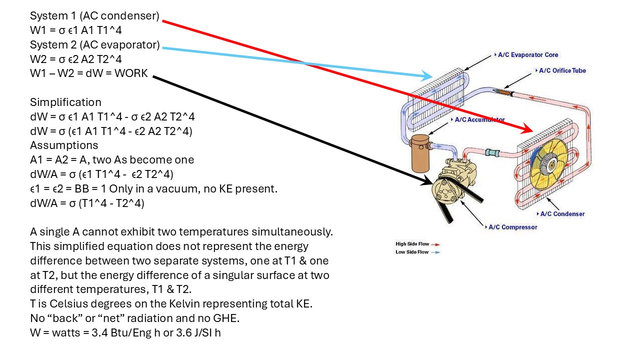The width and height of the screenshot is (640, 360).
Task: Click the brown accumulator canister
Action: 420,153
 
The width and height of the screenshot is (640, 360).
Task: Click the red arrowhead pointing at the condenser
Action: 526,128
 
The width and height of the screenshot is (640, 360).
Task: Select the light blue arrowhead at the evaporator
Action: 427,75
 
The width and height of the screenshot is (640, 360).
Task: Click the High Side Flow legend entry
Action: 417,244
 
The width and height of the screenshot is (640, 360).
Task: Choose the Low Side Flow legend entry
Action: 417,252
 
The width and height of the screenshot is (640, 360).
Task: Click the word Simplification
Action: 65,102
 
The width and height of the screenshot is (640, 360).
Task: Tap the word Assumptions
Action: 64,145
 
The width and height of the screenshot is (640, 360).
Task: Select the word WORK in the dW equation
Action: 131,73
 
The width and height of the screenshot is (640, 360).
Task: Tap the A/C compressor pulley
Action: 443,190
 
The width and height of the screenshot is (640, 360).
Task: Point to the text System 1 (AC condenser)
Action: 94,16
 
